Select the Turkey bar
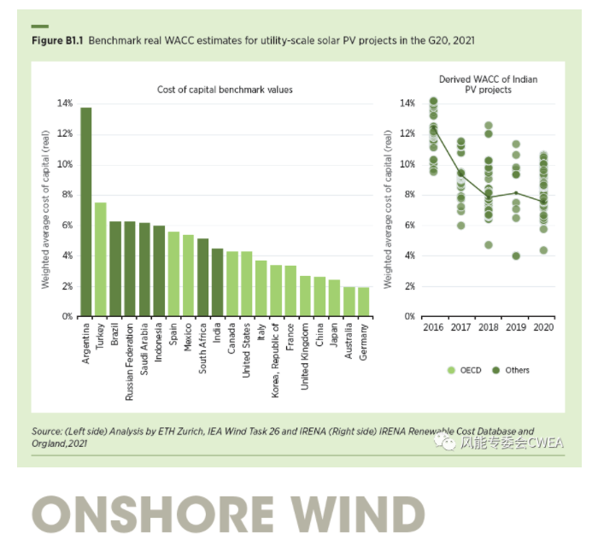[x=101, y=260]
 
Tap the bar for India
[x=218, y=283]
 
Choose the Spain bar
[x=173, y=274]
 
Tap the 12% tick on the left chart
[x=65, y=134]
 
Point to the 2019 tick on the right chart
[x=516, y=326]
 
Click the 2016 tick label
[x=433, y=326]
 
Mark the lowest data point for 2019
[x=516, y=255]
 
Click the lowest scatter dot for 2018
[x=489, y=245]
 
